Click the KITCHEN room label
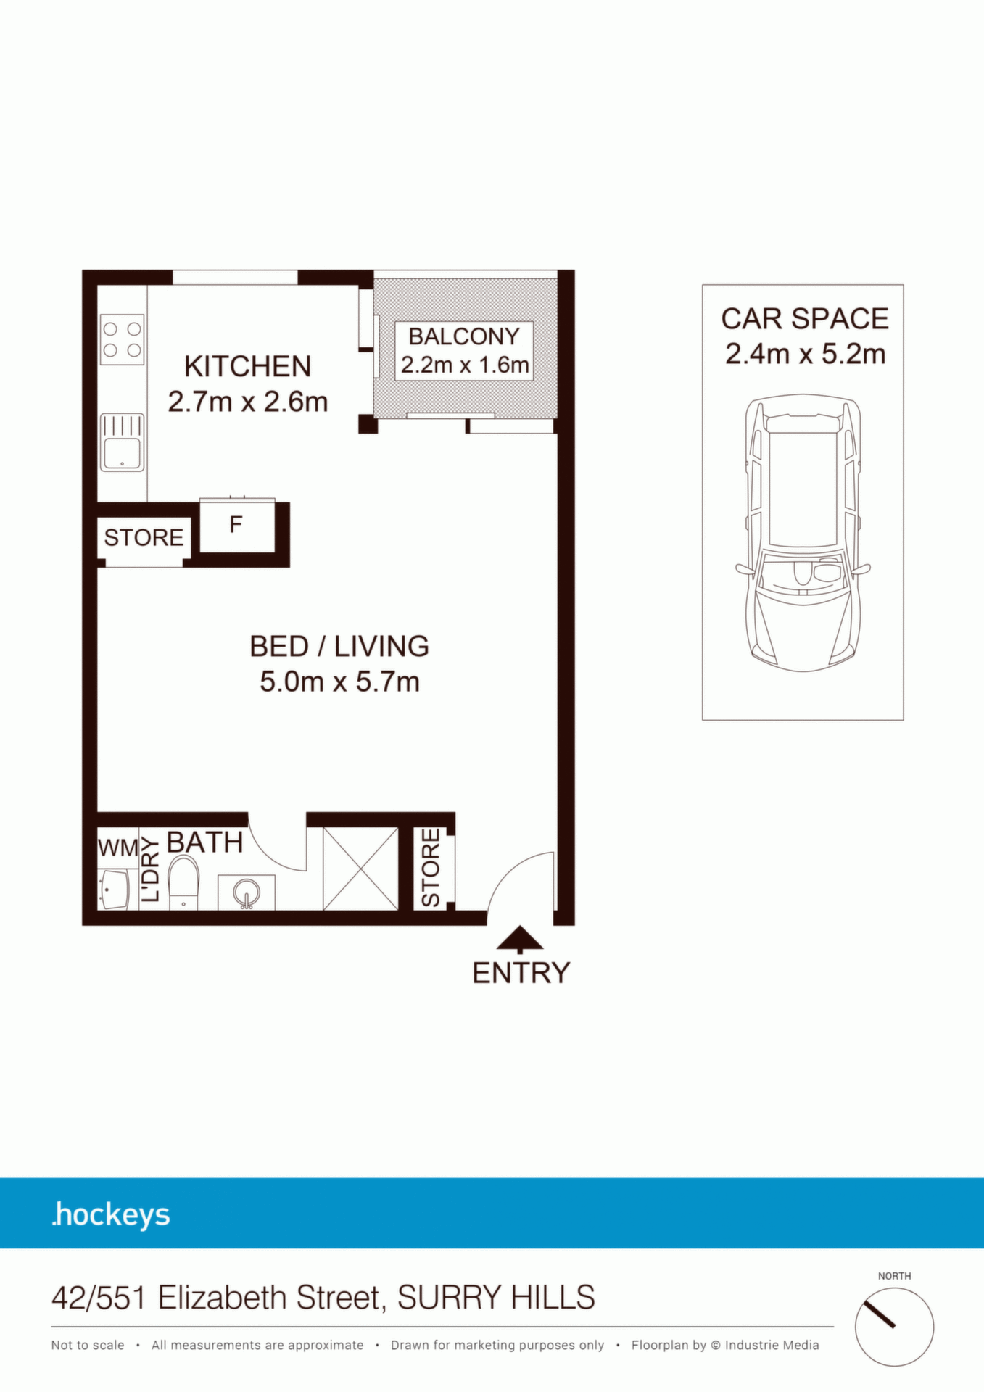(247, 367)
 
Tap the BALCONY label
(464, 336)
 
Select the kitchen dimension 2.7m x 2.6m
(248, 402)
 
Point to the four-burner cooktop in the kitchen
(122, 339)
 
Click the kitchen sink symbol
(122, 442)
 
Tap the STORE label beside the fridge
(144, 538)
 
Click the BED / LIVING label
(339, 646)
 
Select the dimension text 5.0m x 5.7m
(339, 681)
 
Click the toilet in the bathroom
(183, 882)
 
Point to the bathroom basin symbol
(247, 892)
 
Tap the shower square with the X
(360, 869)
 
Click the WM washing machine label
(118, 848)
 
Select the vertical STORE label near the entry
(431, 868)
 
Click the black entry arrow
(520, 939)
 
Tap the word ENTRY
(521, 973)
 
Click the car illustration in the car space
(803, 533)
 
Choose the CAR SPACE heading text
(805, 319)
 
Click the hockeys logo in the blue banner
(111, 1215)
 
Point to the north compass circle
(894, 1327)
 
